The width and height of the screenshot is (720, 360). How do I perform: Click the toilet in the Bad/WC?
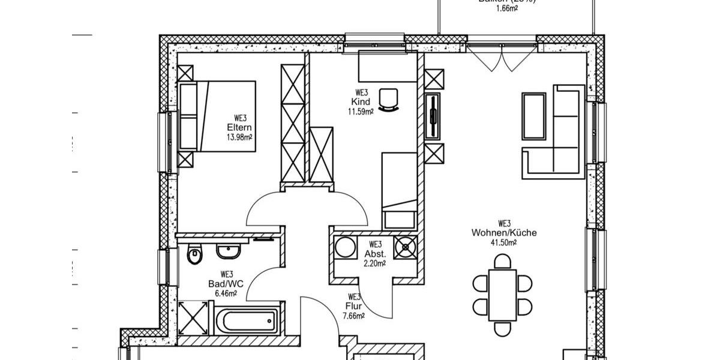click(194, 255)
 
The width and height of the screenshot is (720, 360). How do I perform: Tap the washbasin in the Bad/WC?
click(228, 250)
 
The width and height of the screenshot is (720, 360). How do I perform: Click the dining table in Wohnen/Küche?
click(502, 295)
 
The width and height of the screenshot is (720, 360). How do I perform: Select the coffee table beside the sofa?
click(533, 116)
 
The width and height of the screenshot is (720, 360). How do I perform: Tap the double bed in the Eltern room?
click(217, 116)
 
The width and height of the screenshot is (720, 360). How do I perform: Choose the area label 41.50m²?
click(503, 242)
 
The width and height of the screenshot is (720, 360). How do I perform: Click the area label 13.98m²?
click(239, 137)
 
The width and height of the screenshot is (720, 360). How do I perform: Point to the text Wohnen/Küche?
click(503, 233)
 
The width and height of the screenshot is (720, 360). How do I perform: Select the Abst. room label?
click(376, 254)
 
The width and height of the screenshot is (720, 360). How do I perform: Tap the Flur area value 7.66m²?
click(353, 316)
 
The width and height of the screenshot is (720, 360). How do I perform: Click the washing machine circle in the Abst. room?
click(345, 247)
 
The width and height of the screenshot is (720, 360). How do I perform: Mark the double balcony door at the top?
click(502, 57)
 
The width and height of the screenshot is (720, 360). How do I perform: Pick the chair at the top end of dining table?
click(502, 261)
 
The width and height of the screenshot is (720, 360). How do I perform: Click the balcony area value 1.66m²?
click(507, 9)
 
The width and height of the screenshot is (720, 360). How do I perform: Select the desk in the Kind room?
click(388, 67)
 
